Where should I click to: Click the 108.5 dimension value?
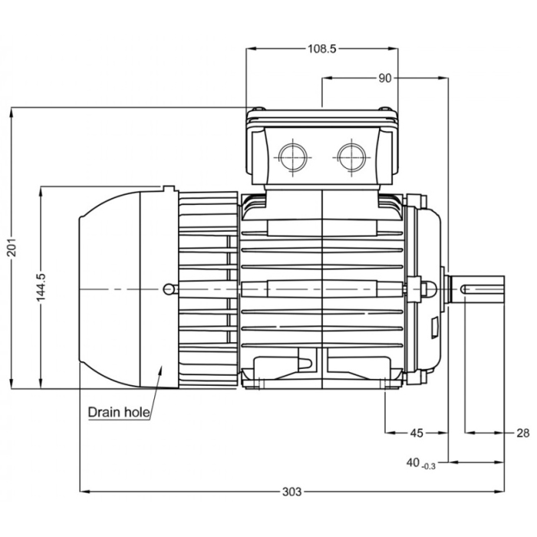click(321, 48)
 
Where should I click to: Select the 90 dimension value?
click(384, 77)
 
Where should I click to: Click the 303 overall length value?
click(292, 490)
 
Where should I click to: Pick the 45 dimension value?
click(416, 433)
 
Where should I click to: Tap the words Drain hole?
click(118, 412)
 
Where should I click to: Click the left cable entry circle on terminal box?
click(293, 156)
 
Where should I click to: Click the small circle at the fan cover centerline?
click(169, 288)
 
